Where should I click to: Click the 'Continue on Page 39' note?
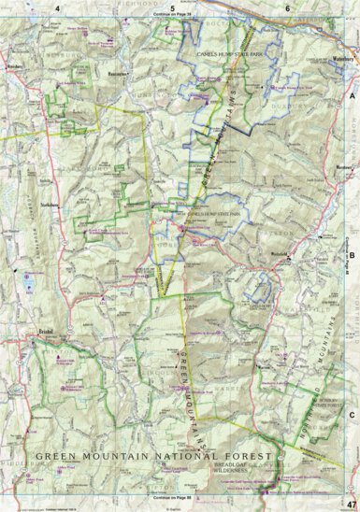[x=173, y=16]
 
